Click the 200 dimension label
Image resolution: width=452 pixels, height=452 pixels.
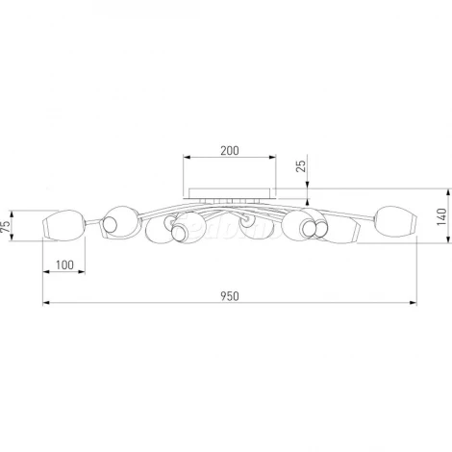click(x=230, y=150)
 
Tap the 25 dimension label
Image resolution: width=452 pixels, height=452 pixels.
click(x=301, y=165)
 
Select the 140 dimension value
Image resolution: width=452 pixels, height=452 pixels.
click(x=441, y=216)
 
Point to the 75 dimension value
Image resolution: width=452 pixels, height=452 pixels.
click(x=6, y=226)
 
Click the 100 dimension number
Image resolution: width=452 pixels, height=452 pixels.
click(x=64, y=265)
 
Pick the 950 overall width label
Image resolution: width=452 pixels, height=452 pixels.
click(x=230, y=296)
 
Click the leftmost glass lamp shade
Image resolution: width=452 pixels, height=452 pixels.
click(x=64, y=225)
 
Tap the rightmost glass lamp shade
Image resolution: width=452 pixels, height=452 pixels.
click(x=396, y=221)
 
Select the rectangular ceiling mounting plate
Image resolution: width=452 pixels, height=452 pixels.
click(x=230, y=193)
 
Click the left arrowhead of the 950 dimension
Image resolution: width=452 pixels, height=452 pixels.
click(x=46, y=302)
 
